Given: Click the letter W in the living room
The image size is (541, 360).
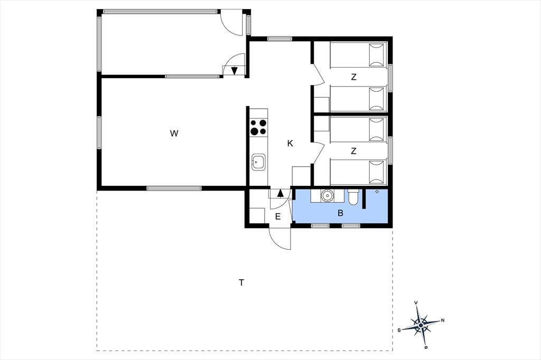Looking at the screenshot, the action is (174, 134).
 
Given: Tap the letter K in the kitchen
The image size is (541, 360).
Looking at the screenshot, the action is (290, 144).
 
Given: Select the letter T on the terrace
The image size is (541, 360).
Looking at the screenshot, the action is (241, 283).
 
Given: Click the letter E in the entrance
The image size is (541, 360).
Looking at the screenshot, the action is (278, 217).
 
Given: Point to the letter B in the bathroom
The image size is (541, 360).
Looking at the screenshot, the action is (341, 213).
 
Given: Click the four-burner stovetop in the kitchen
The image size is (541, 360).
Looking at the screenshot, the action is (258, 127).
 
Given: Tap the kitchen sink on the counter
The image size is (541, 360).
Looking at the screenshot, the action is (258, 162).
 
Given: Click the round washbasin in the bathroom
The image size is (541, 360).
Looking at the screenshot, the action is (327, 195).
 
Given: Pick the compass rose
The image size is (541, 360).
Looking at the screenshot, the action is (421, 325).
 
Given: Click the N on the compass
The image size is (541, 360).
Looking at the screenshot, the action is (443, 320).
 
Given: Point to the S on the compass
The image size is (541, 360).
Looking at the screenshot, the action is (399, 330).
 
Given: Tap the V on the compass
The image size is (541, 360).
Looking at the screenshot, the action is (416, 303).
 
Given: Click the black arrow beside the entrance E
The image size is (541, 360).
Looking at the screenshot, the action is (280, 193).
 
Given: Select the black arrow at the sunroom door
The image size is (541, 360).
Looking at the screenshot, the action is (234, 71).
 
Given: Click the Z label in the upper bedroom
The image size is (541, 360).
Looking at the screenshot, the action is (353, 77).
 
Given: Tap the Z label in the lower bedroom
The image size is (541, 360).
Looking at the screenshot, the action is (353, 151).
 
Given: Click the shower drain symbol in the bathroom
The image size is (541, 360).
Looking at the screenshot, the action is (377, 192).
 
